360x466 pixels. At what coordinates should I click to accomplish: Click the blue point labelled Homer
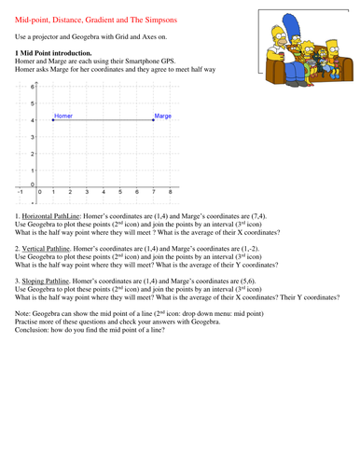tap(53, 120)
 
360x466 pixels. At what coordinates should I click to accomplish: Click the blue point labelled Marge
tap(155, 120)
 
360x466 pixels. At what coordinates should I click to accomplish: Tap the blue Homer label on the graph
tap(63, 116)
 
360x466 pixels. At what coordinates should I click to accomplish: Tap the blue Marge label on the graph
tap(163, 116)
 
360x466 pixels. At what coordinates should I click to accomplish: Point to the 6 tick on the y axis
tap(33, 87)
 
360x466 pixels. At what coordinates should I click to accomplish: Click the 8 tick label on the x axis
tap(170, 192)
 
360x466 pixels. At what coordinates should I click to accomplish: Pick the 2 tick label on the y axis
tap(32, 154)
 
